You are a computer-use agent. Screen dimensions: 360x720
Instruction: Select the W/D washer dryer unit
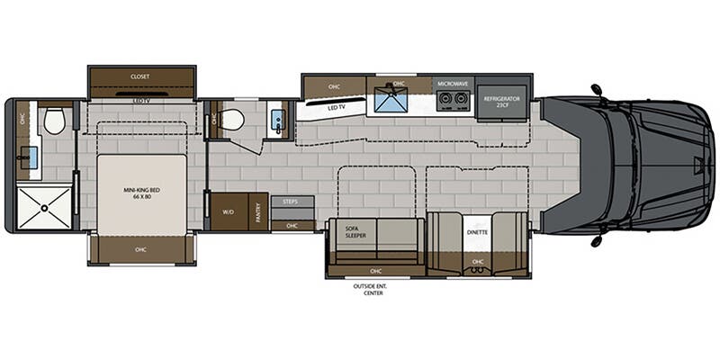tap(227, 212)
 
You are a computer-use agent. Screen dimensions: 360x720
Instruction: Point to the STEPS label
tap(290, 202)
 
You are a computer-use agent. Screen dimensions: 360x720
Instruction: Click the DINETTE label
tap(477, 231)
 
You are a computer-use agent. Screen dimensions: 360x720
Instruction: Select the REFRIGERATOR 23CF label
tap(504, 100)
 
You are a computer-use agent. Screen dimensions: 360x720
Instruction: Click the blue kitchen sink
tap(393, 101)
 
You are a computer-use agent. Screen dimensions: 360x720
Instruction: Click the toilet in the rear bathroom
tap(55, 121)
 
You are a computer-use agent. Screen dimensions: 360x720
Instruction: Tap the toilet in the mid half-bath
tap(232, 120)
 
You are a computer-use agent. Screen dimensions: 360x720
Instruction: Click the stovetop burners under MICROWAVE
tap(453, 100)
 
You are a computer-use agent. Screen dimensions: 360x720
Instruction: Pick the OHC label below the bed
tap(140, 249)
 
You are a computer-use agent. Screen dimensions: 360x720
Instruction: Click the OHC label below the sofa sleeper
tap(375, 269)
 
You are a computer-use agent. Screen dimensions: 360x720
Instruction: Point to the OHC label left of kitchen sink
tap(334, 86)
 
